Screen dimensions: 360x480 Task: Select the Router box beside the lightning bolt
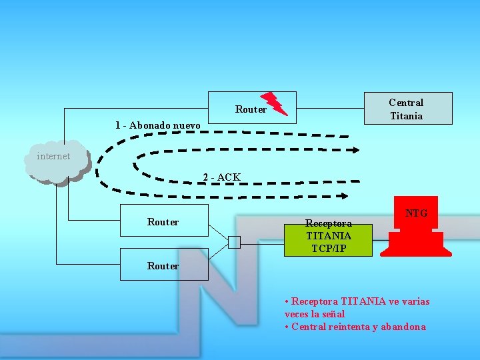(251, 109)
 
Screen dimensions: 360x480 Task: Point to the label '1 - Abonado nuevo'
(157, 125)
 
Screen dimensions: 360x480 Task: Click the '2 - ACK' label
(221, 177)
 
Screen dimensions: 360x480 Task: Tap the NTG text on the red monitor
(416, 213)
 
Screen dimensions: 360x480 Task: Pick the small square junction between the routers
(233, 242)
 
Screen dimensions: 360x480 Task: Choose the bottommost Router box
(163, 265)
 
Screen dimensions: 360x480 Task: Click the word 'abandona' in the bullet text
(402, 327)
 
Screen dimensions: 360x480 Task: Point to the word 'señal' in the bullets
(333, 313)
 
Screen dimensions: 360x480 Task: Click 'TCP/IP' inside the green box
(329, 249)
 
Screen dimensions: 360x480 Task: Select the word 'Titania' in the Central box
(406, 116)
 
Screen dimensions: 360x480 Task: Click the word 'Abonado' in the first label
(150, 125)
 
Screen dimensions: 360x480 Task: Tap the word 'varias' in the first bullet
(415, 301)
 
